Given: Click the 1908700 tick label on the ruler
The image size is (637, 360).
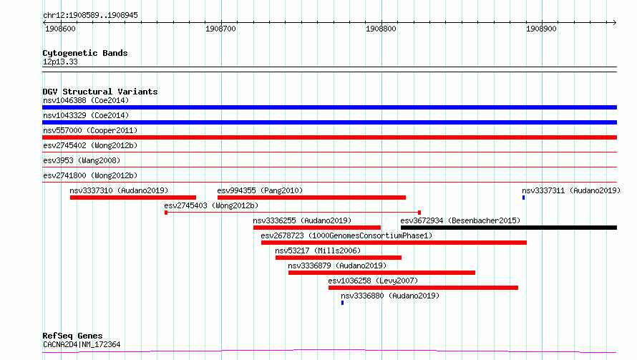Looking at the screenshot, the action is tap(220, 29).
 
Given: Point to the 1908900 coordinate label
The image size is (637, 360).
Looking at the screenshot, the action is tap(541, 29).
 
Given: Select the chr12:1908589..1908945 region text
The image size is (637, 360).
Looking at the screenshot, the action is tap(90, 15).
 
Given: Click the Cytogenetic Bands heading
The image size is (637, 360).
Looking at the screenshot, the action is tap(85, 53).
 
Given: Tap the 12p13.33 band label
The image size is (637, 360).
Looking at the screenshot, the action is tap(60, 62).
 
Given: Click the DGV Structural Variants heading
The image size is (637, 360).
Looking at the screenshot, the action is tap(100, 92).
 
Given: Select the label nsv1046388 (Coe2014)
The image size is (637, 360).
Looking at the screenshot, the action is tap(86, 100).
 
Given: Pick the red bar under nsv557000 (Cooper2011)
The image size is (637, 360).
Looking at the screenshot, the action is tap(329, 137).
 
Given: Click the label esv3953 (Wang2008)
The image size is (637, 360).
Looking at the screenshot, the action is tap(82, 160).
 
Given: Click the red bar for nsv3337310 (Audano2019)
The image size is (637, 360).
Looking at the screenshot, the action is tap(133, 198).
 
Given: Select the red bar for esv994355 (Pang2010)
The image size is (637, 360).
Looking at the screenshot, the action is tap(311, 198).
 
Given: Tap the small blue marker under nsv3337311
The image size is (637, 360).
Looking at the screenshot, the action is tap(524, 198).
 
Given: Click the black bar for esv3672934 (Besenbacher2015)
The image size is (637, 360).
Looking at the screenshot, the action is tap(509, 228).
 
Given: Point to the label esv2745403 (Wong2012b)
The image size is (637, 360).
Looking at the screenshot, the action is tap(211, 205).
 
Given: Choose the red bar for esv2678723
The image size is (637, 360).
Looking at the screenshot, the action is tap(394, 243).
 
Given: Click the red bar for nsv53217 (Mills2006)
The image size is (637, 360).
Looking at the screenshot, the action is tap(339, 258).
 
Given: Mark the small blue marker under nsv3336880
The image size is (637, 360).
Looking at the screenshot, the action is tap(342, 303).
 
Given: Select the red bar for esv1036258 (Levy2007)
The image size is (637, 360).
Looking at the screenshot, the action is tap(423, 288).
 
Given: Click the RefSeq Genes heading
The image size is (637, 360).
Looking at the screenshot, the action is tap(73, 336).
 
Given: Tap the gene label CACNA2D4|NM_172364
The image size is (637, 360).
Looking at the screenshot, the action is tap(82, 344).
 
